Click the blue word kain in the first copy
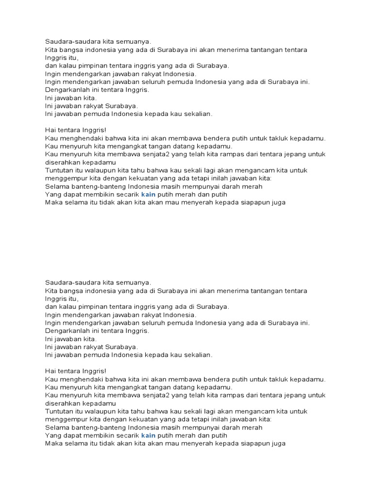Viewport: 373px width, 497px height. coord(149,195)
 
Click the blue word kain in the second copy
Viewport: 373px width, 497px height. coord(149,435)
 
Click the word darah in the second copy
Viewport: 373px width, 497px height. coord(230,427)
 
